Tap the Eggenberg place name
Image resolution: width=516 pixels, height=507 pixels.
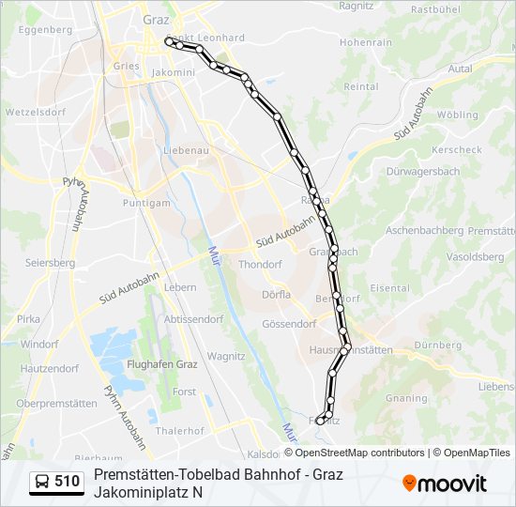45,29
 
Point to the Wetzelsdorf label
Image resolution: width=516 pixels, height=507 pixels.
34,111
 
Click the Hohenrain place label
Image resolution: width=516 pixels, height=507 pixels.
366,43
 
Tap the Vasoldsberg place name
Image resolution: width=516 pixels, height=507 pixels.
476,255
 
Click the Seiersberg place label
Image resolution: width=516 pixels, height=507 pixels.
50,263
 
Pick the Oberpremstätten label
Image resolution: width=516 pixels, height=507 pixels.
56,403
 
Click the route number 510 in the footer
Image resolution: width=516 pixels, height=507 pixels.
67,482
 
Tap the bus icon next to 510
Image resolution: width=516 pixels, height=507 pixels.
43,482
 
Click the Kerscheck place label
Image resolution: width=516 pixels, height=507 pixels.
457,149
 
